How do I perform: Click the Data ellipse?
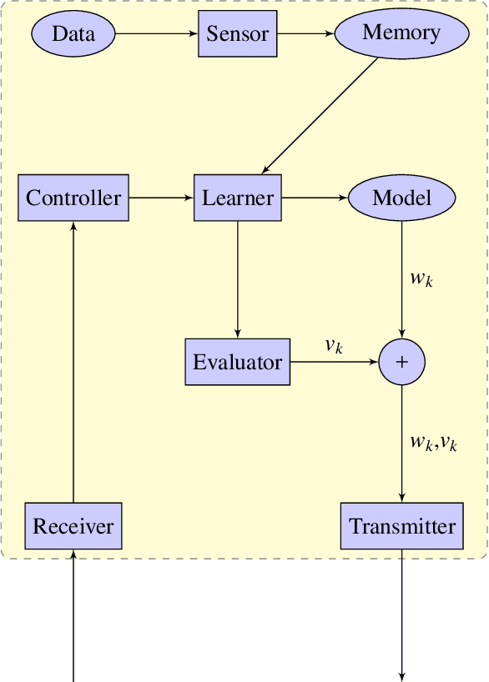(x=73, y=34)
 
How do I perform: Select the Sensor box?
(x=237, y=34)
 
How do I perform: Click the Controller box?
(x=73, y=198)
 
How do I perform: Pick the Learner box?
(x=238, y=198)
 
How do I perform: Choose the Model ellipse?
(x=401, y=198)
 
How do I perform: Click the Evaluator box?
(x=238, y=362)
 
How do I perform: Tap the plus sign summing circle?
(x=402, y=362)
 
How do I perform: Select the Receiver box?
(x=73, y=526)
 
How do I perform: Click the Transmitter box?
(x=402, y=526)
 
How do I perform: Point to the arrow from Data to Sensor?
(x=156, y=34)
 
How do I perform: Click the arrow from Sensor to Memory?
(x=305, y=34)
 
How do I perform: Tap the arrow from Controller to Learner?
(x=161, y=198)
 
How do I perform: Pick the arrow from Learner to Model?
(x=315, y=198)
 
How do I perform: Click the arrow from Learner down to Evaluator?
(x=238, y=279)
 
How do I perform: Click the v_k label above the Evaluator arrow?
(x=334, y=346)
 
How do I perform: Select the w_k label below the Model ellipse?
(x=421, y=278)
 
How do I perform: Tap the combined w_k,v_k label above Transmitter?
(x=433, y=443)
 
